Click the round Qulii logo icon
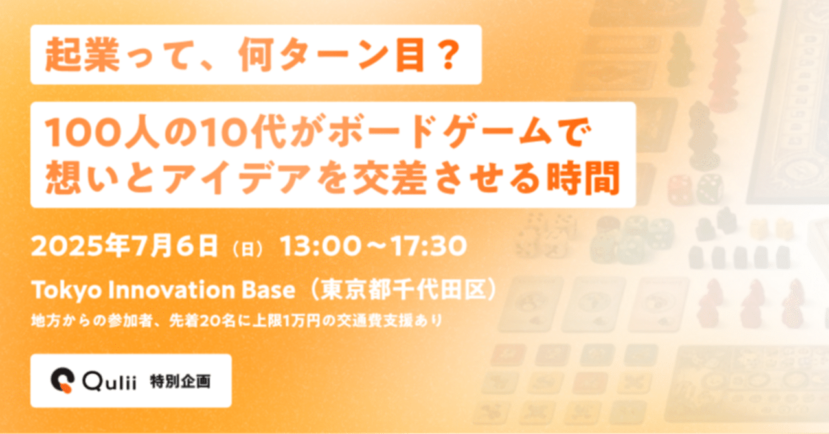pos(64,381)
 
